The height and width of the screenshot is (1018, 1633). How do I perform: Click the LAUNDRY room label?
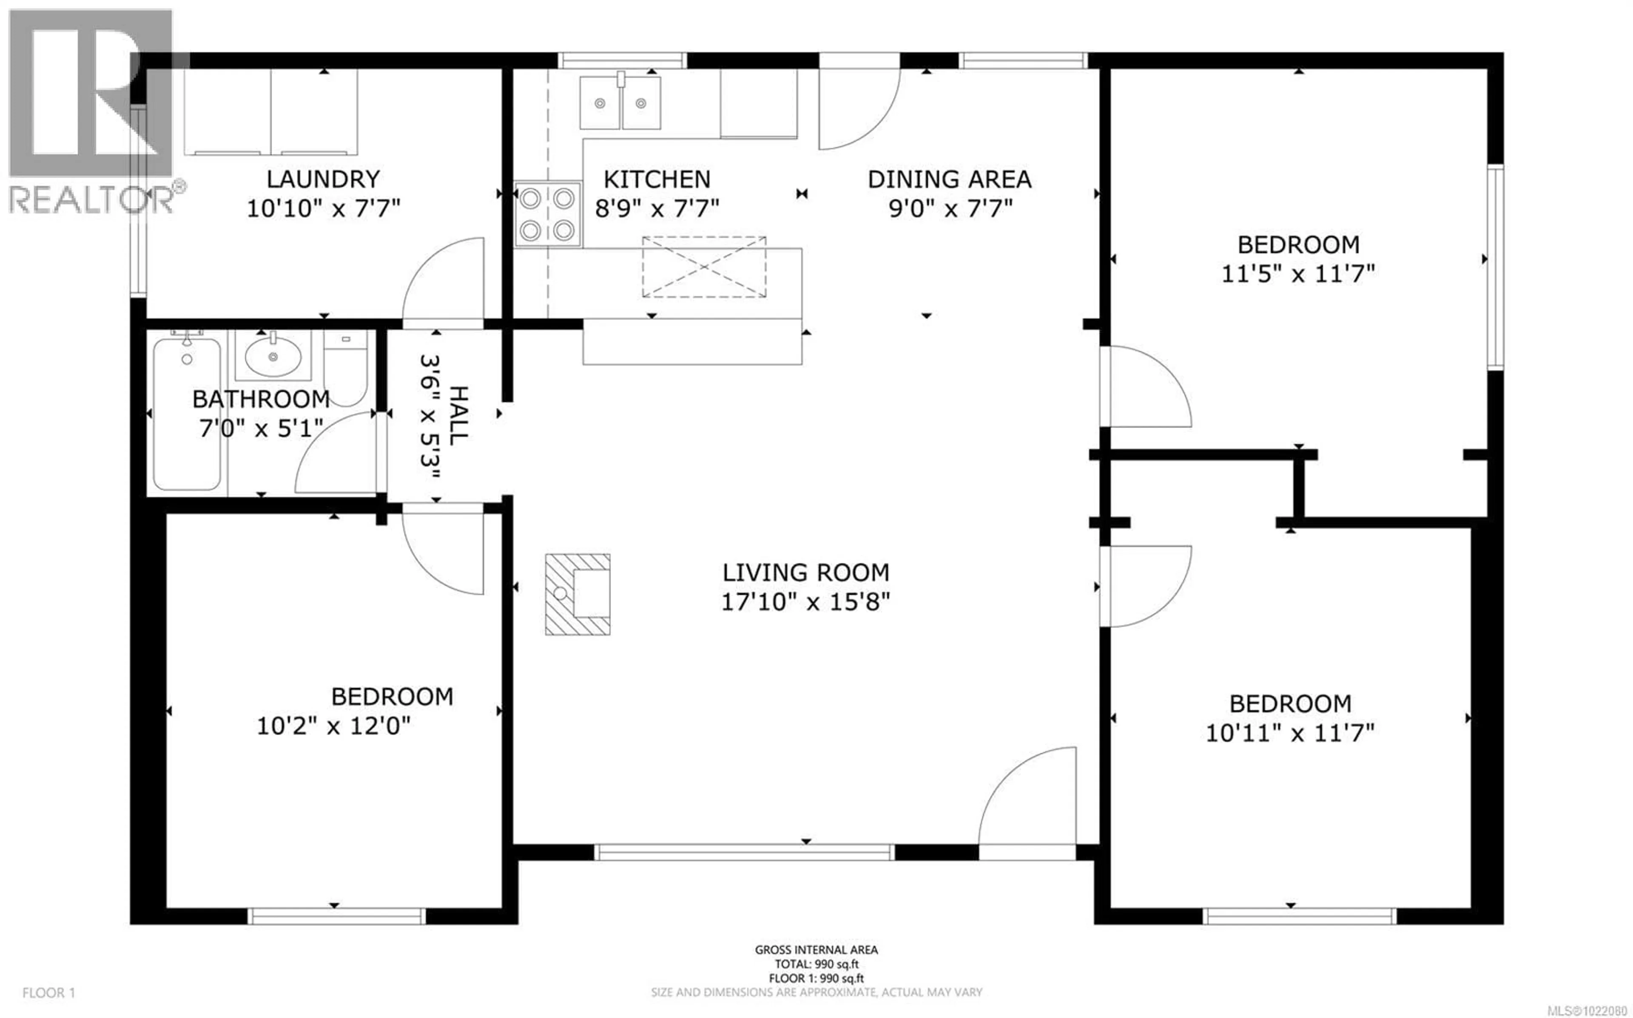point(323,179)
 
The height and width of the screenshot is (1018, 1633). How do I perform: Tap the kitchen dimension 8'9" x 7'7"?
point(657,208)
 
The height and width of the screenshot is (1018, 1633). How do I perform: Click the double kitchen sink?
point(620,102)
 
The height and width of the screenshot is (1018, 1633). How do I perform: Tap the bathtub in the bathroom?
point(187,414)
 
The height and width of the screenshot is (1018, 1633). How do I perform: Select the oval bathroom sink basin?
point(273,357)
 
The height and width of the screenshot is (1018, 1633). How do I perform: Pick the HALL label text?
point(458,415)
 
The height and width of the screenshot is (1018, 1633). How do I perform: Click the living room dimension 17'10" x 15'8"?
point(805,601)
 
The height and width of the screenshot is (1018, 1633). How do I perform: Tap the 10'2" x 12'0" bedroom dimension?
point(333,726)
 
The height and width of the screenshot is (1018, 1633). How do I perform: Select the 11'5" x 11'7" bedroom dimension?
point(1297,273)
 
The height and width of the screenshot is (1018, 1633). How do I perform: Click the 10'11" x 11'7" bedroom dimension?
point(1289,732)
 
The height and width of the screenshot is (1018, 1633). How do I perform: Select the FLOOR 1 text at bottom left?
point(48,992)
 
